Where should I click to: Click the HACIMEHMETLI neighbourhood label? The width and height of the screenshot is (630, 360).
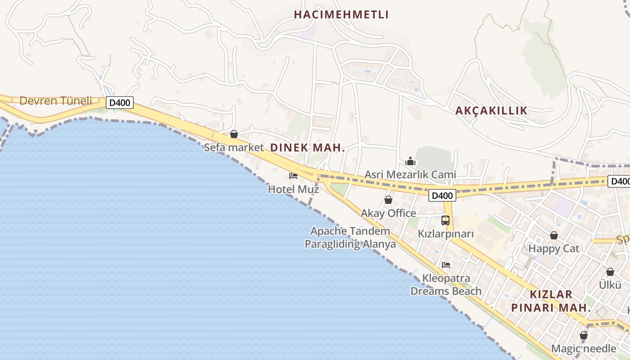(x=341, y=14)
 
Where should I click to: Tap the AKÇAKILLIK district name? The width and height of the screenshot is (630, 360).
(x=491, y=111)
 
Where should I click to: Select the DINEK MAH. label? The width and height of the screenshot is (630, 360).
(x=307, y=148)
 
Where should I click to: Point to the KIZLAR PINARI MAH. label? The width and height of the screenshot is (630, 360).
(x=551, y=301)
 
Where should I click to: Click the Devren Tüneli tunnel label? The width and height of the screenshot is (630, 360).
(x=55, y=101)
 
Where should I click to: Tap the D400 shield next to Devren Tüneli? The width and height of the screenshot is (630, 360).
(x=120, y=103)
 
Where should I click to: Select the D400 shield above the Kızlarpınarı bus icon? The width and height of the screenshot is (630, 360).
(x=442, y=195)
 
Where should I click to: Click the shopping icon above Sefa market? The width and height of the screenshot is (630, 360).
(x=234, y=134)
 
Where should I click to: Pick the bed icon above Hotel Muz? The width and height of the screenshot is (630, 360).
(x=293, y=175)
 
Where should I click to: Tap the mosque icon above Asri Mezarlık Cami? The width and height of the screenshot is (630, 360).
(x=410, y=161)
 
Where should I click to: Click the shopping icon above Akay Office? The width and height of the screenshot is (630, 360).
(x=388, y=200)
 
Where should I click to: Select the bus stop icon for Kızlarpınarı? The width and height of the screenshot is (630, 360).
(x=445, y=220)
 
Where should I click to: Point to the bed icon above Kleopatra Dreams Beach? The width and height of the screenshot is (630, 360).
(x=446, y=265)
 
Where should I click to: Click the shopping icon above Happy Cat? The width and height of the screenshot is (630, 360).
(x=554, y=235)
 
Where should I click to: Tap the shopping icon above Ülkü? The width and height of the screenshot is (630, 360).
(x=610, y=272)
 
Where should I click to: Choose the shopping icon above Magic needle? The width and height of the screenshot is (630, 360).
(x=584, y=335)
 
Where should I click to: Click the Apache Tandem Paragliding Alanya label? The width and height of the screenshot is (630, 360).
(x=350, y=238)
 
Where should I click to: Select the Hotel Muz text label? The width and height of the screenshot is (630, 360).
(x=293, y=189)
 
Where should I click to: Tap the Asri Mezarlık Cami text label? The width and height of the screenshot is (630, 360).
(x=410, y=175)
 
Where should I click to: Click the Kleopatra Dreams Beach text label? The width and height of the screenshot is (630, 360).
(x=446, y=284)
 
